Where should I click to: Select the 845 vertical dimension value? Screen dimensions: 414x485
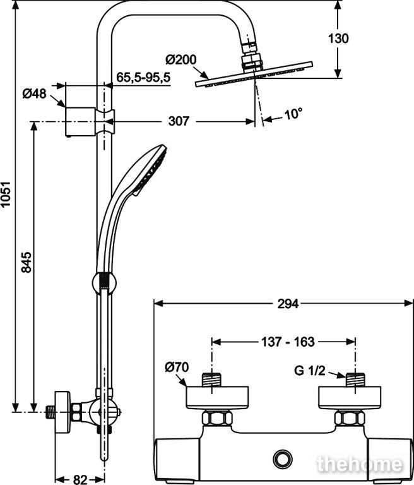pyautogui.click(x=27, y=262)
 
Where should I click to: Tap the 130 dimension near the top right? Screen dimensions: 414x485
pyautogui.click(x=338, y=39)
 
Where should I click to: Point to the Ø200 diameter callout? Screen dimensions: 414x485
pyautogui.click(x=181, y=59)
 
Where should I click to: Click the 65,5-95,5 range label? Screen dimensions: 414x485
pyautogui.click(x=143, y=77)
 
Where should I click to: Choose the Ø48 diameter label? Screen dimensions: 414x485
pyautogui.click(x=34, y=93)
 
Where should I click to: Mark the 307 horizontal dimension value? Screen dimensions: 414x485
pyautogui.click(x=179, y=121)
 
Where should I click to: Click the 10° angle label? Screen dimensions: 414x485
pyautogui.click(x=292, y=114)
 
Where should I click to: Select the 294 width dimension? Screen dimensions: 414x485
pyautogui.click(x=288, y=304)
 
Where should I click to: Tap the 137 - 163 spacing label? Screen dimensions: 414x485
pyautogui.click(x=288, y=342)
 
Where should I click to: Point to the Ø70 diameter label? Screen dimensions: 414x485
pyautogui.click(x=177, y=367)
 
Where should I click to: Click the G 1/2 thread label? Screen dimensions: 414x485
pyautogui.click(x=309, y=371)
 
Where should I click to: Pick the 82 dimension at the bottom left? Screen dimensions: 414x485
pyautogui.click(x=80, y=480)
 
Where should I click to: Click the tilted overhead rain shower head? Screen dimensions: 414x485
pyautogui.click(x=254, y=75)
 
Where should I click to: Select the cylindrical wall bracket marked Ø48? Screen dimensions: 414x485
pyautogui.click(x=80, y=122)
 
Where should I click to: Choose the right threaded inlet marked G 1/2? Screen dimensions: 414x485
pyautogui.click(x=355, y=380)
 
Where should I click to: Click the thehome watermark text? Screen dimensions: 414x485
pyautogui.click(x=360, y=464)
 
